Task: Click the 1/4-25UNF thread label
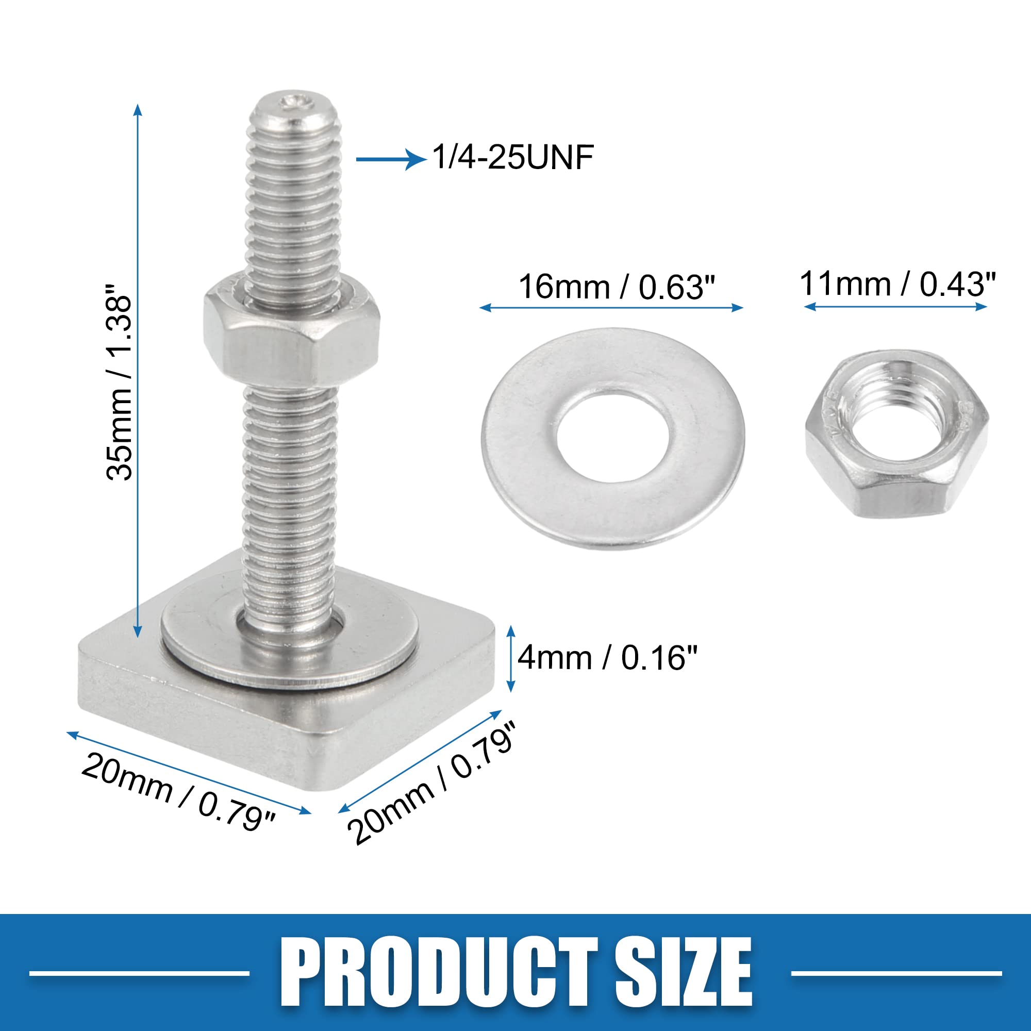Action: coord(513,157)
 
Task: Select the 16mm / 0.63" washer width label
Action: coord(617,287)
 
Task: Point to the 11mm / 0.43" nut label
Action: coord(897,284)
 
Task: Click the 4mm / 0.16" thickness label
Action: coord(607,657)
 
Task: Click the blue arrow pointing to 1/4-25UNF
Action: coord(391,159)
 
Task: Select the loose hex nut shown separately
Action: coord(896,434)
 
